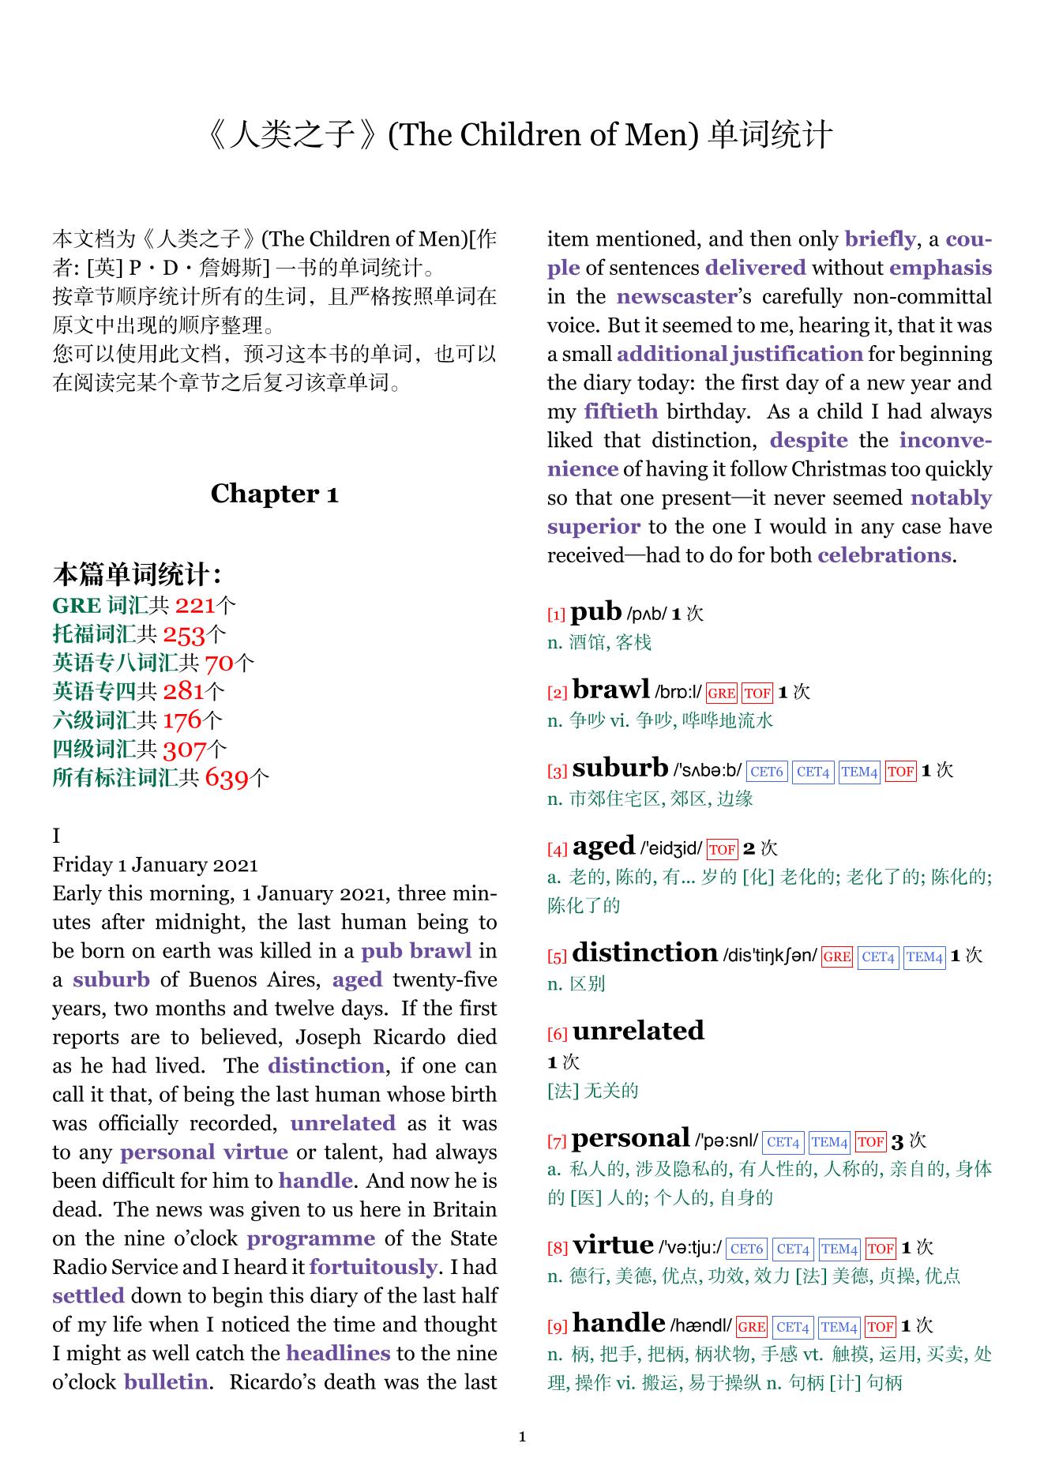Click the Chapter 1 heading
[x=274, y=494]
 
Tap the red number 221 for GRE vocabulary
[x=194, y=606]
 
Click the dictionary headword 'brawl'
[x=610, y=690]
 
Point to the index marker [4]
[x=557, y=850]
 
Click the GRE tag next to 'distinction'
[x=836, y=956]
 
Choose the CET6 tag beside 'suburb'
[x=767, y=772]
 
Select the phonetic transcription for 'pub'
[x=646, y=614]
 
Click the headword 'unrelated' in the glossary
[x=638, y=1031]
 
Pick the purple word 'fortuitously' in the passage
[x=373, y=1267]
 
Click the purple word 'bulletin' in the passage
[x=166, y=1382]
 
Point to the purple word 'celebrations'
[x=884, y=555]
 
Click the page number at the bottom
[x=522, y=1436]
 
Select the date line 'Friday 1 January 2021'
[x=156, y=865]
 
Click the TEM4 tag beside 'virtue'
[x=839, y=1249]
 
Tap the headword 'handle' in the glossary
[x=618, y=1323]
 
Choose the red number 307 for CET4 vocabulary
[x=184, y=750]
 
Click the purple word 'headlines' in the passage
[x=338, y=1353]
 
